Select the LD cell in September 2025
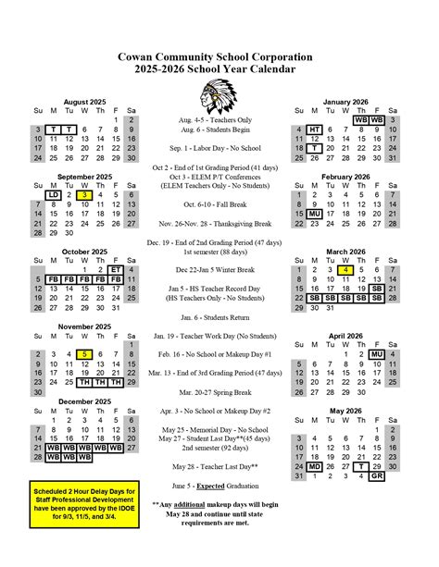(54, 195)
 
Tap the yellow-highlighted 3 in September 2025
(84, 195)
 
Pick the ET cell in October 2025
(116, 269)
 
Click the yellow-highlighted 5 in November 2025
(84, 354)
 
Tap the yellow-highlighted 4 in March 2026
(345, 269)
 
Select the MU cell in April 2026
(376, 354)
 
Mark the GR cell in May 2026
(376, 476)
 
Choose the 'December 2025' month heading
(85, 401)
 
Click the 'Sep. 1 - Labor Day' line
(219, 147)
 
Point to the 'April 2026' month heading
(345, 336)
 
